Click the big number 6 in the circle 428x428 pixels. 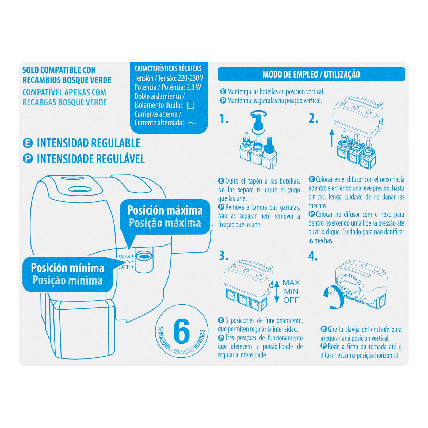[x=182, y=333]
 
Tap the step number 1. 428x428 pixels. [x=224, y=119]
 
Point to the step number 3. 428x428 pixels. [x=223, y=256]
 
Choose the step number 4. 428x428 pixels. [x=313, y=256]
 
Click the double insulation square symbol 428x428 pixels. [x=190, y=105]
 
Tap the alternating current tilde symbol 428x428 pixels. [x=192, y=123]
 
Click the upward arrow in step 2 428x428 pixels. [x=332, y=138]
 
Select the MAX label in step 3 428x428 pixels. [x=291, y=283]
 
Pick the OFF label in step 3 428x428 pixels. [x=291, y=300]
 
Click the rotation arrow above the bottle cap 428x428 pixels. [x=258, y=114]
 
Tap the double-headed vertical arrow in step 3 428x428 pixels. [x=277, y=292]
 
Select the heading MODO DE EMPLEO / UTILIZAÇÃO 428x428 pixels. [x=311, y=74]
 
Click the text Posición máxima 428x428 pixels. [x=165, y=211]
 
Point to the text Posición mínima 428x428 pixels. [x=67, y=268]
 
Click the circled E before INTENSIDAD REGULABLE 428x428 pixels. [x=28, y=143]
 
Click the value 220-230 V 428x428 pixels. [x=190, y=78]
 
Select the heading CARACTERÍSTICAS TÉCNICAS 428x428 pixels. [x=168, y=68]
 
